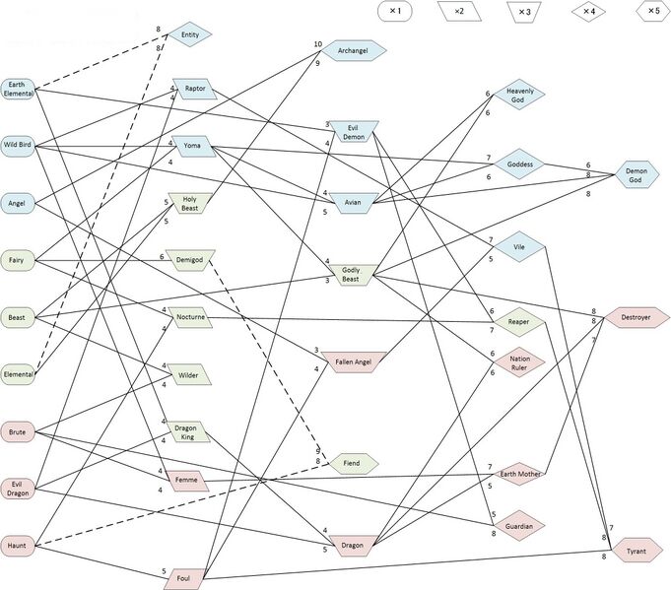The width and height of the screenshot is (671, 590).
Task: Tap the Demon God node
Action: pyautogui.click(x=637, y=175)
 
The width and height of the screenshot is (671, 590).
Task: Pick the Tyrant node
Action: pyautogui.click(x=637, y=553)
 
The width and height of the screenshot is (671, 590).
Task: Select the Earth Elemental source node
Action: pyautogui.click(x=18, y=89)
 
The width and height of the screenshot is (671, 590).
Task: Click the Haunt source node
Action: pyautogui.click(x=17, y=545)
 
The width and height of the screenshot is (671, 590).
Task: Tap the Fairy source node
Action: pyautogui.click(x=17, y=260)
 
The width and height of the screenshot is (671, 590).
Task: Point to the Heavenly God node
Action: pyautogui.click(x=520, y=95)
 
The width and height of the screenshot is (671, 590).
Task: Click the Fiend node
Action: pyautogui.click(x=352, y=463)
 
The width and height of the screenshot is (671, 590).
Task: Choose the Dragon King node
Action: pyautogui.click(x=186, y=430)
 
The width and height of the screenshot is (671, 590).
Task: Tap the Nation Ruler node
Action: pyautogui.click(x=520, y=362)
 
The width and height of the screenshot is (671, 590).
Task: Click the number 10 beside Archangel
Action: pyautogui.click(x=317, y=44)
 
